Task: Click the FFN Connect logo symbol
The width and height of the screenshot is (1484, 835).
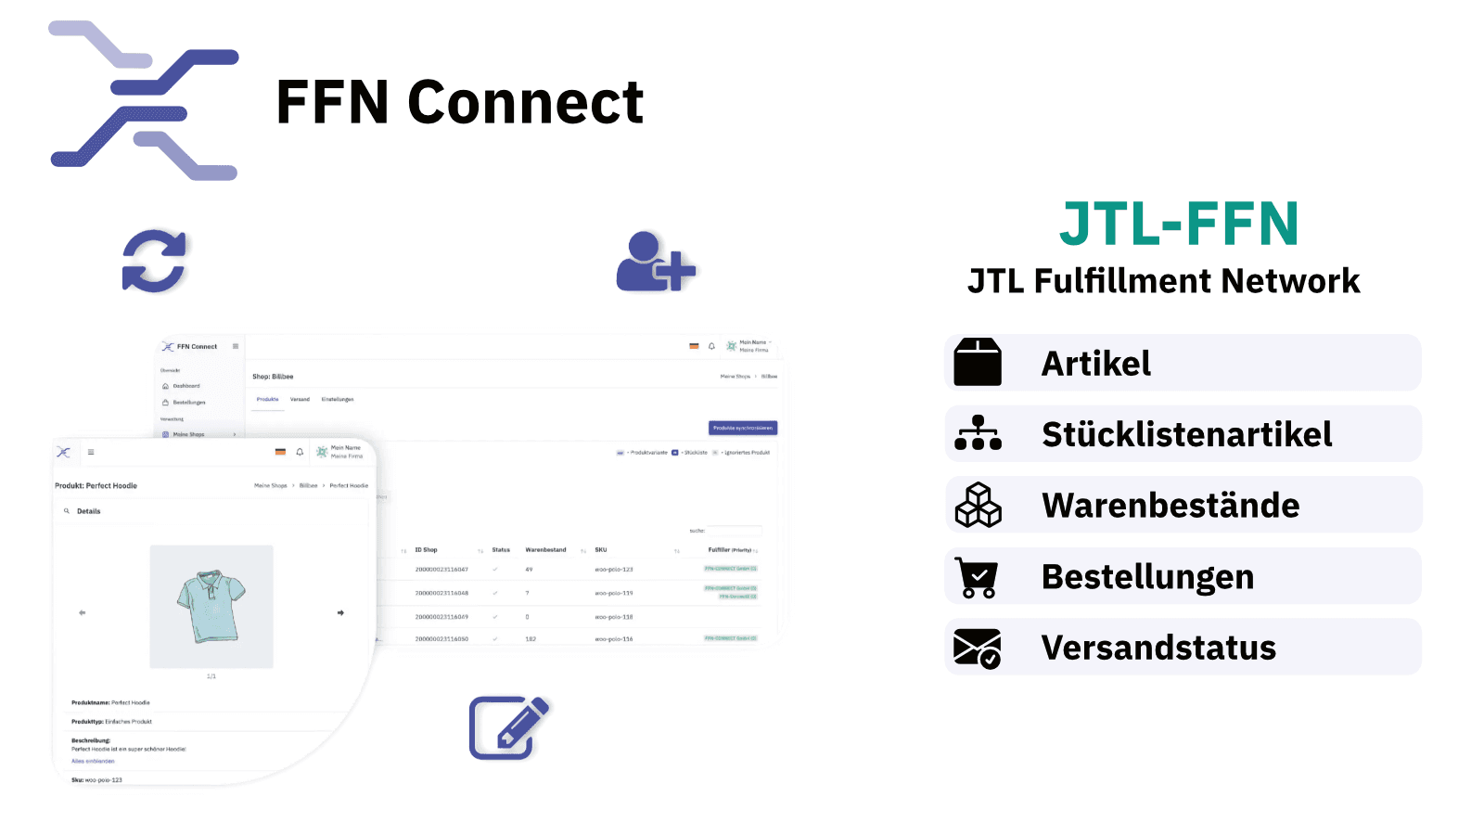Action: point(144,100)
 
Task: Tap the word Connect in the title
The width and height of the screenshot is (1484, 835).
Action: point(525,102)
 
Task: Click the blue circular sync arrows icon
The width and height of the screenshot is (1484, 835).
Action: point(154,261)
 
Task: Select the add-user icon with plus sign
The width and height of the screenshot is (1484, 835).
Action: point(655,263)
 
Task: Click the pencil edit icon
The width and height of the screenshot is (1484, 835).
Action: point(508,727)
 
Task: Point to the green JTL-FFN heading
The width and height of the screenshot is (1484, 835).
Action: point(1179,225)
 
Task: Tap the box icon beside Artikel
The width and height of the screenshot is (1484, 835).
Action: point(978,363)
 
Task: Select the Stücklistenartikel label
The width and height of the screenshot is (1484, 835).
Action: point(1186,434)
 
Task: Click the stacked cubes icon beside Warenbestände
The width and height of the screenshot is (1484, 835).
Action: point(978,506)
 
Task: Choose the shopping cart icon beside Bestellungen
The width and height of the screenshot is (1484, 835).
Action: point(977,577)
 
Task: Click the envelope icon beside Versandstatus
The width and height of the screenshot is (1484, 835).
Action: point(978,649)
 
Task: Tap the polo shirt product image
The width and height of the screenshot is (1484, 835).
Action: point(211,606)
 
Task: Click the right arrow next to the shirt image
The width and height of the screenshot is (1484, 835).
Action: point(340,612)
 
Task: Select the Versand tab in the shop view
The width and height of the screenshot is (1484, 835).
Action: point(300,400)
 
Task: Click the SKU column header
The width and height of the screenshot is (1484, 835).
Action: point(601,550)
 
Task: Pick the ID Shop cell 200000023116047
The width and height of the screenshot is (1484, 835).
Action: point(441,570)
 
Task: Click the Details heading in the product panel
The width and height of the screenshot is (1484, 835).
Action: point(89,511)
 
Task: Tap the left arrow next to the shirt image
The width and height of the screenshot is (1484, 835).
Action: point(83,612)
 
